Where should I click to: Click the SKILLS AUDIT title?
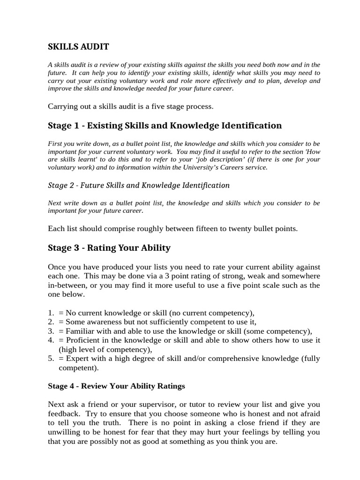coord(78,46)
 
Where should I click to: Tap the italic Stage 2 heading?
coord(139,185)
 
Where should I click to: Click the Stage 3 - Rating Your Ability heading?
coord(109,247)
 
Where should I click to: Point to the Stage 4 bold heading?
coord(116,386)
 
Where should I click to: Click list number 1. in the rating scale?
coord(51,313)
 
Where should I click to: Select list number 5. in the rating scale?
coord(51,359)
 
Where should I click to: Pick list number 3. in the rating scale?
coord(51,330)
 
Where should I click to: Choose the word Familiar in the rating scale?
coord(81,330)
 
